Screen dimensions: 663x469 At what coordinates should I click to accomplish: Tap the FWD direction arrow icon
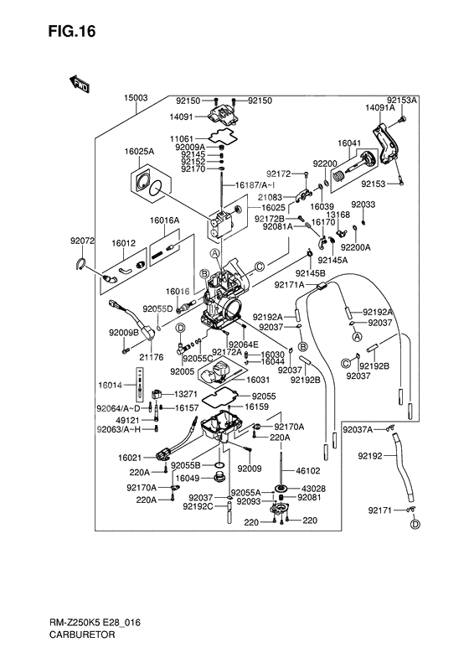[80, 83]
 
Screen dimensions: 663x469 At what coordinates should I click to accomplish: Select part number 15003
[137, 98]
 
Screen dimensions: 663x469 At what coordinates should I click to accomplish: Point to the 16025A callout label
[140, 152]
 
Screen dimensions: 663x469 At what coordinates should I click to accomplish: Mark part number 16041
[349, 142]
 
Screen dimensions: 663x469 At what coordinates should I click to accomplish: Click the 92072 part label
[83, 241]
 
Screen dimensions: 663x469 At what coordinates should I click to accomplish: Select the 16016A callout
[165, 220]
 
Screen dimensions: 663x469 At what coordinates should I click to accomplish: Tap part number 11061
[182, 137]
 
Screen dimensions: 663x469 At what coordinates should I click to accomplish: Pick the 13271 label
[186, 394]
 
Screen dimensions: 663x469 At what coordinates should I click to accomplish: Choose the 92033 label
[363, 205]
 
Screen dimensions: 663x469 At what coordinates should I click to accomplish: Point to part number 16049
[187, 478]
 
